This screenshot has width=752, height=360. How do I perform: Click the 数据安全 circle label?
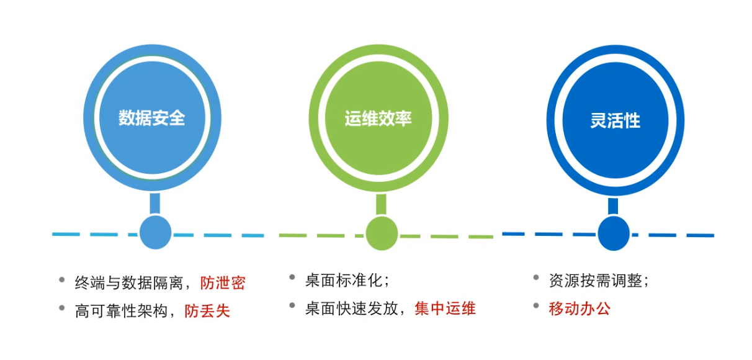pyautogui.click(x=152, y=118)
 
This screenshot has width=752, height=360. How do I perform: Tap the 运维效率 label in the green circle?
pyautogui.click(x=378, y=119)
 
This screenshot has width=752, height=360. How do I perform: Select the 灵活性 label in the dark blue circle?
pyautogui.click(x=615, y=120)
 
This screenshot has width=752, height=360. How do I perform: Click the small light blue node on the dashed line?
pyautogui.click(x=156, y=232)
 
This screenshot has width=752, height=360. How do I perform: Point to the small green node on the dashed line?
pyautogui.click(x=382, y=233)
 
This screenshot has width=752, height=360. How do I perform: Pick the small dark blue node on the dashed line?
pyautogui.click(x=614, y=233)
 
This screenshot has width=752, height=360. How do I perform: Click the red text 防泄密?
pyautogui.click(x=223, y=283)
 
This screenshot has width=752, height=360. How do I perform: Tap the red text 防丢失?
pyautogui.click(x=207, y=311)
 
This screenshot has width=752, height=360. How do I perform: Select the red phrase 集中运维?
pyautogui.click(x=445, y=308)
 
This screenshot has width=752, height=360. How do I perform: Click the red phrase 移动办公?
pyautogui.click(x=580, y=308)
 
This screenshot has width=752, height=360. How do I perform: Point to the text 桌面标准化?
pyautogui.click(x=344, y=280)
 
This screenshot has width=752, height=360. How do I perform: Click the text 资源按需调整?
pyautogui.click(x=596, y=281)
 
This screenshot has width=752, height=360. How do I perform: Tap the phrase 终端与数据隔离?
pyautogui.click(x=129, y=283)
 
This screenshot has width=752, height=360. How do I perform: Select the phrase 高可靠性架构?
pyautogui.click(x=121, y=311)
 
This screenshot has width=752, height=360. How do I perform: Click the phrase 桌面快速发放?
pyautogui.click(x=352, y=308)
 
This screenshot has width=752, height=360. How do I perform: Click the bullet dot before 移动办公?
pyautogui.click(x=536, y=305)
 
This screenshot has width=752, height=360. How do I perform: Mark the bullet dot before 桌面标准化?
pyautogui.click(x=292, y=277)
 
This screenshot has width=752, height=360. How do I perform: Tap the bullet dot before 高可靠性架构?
pyautogui.click(x=62, y=308)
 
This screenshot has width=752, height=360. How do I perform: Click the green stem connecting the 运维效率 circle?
pyautogui.click(x=381, y=204)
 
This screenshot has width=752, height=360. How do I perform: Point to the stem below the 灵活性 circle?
pyautogui.click(x=613, y=206)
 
